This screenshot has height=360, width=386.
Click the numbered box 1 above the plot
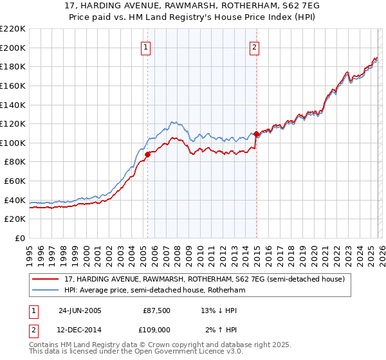coord(146,47)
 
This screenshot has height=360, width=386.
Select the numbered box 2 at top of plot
coord(255,47)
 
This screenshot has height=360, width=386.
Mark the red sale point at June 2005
coord(147,154)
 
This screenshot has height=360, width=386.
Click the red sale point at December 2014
coord(256,134)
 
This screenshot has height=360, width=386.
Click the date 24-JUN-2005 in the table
coord(80,310)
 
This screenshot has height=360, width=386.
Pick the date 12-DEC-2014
coord(80,329)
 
